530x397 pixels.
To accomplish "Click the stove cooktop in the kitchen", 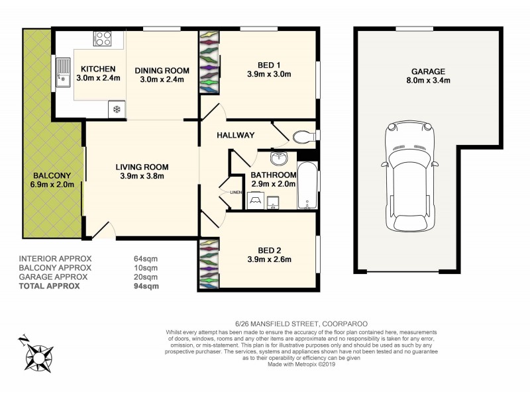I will (x=102, y=38).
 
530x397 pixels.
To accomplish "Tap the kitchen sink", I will (x=64, y=73).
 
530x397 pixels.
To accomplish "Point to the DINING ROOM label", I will (x=162, y=70).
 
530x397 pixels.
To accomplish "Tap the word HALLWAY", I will (x=235, y=135).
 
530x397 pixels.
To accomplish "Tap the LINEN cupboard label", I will (x=236, y=193).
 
